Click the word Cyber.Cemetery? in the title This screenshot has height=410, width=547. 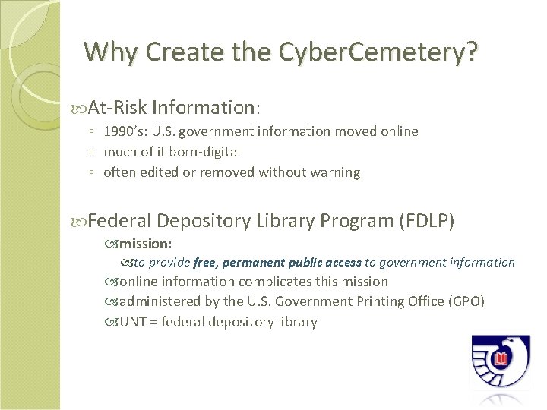(378, 52)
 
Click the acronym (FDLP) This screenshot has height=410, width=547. (426, 221)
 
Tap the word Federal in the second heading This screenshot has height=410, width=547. (122, 221)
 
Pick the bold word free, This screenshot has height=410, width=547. (204, 263)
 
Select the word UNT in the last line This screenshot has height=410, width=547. (133, 322)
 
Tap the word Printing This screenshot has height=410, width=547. (375, 301)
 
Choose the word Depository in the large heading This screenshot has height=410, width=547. (204, 221)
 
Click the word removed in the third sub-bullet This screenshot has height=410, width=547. (230, 172)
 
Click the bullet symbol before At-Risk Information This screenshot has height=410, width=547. (81, 107)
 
